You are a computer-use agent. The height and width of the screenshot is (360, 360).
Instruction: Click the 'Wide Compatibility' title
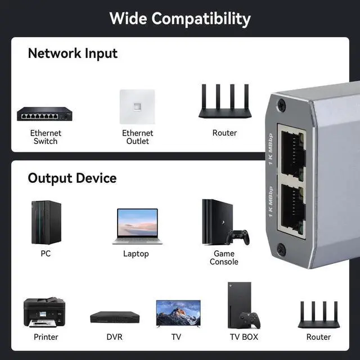click(180, 18)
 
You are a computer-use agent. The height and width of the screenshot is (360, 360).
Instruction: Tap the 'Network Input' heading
click(73, 53)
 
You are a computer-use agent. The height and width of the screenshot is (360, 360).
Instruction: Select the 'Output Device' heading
click(72, 178)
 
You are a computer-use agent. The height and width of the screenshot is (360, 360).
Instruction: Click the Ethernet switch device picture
click(45, 114)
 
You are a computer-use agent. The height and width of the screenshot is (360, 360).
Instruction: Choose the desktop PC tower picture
click(46, 222)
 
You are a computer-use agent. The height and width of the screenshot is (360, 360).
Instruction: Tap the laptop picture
click(137, 226)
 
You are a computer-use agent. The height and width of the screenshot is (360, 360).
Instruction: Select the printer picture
click(44, 312)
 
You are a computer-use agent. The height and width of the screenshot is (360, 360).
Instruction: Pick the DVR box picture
click(114, 317)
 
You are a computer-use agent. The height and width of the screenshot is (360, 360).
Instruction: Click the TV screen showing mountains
click(178, 313)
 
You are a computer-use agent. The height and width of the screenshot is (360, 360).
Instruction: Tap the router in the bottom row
click(318, 316)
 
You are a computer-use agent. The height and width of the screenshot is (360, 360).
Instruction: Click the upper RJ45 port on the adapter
click(292, 154)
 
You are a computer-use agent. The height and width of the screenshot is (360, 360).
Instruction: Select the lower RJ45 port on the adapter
click(292, 209)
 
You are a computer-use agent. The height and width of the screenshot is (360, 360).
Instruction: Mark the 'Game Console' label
click(224, 258)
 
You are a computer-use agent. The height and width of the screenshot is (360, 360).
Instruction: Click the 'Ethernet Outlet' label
click(137, 137)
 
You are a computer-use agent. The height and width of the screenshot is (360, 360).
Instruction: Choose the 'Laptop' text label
click(136, 254)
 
